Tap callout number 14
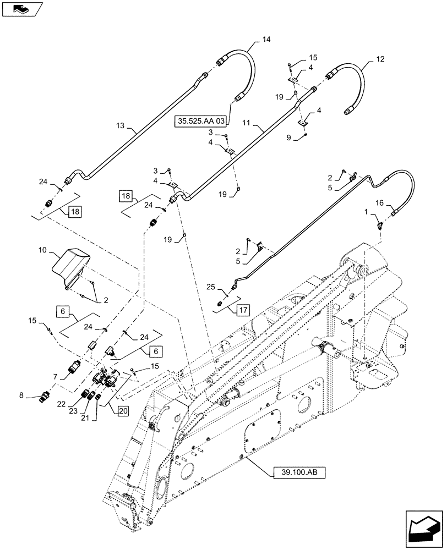pos(267,40)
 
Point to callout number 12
pos(380,59)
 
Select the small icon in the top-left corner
pos(20,9)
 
